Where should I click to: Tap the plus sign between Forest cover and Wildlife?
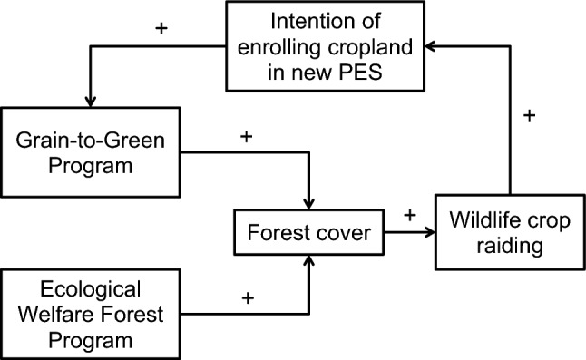tap(410, 215)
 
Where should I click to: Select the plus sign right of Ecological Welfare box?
tap(246, 297)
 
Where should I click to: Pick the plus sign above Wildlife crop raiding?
tap(531, 116)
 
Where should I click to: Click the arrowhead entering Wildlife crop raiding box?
tap(429, 232)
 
